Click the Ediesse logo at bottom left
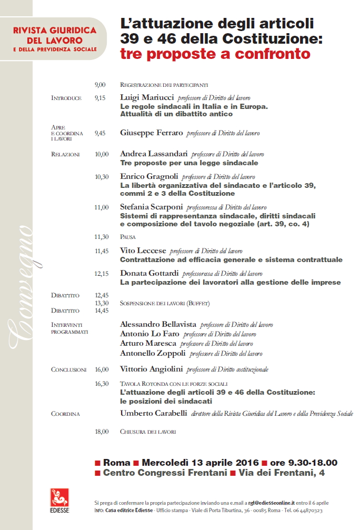[x=59, y=500]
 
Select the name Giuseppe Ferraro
[x=152, y=133]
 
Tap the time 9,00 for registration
[x=100, y=84]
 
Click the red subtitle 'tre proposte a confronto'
[x=215, y=54]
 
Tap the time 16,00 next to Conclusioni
[x=102, y=369]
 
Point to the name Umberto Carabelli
[x=153, y=413]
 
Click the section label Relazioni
[x=65, y=155]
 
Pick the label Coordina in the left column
[x=65, y=414]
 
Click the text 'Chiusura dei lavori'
[x=148, y=432]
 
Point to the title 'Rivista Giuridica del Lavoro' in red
[x=55, y=35]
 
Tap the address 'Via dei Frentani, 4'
[x=288, y=473]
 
